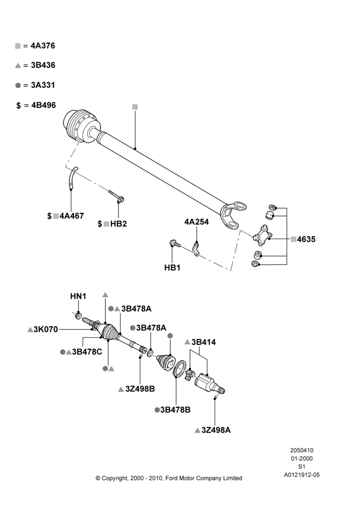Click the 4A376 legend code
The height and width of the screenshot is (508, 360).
[43, 46]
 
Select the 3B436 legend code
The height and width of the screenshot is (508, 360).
[43, 65]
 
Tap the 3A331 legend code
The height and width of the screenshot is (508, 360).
[43, 85]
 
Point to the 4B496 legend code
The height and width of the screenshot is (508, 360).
[43, 105]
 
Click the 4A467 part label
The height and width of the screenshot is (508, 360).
[72, 216]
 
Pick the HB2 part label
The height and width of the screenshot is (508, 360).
[118, 224]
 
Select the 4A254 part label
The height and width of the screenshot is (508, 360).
[197, 222]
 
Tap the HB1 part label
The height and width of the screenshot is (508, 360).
[172, 268]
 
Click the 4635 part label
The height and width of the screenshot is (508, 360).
[306, 239]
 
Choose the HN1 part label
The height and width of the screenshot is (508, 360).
[78, 296]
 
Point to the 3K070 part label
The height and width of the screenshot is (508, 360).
[46, 330]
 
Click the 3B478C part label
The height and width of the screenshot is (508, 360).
[87, 352]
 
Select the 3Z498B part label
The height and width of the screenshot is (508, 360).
[140, 389]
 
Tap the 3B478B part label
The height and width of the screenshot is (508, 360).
[175, 410]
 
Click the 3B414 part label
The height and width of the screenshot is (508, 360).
[204, 342]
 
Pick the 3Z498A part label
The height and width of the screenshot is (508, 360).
[216, 430]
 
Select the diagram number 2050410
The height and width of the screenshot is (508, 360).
[302, 450]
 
